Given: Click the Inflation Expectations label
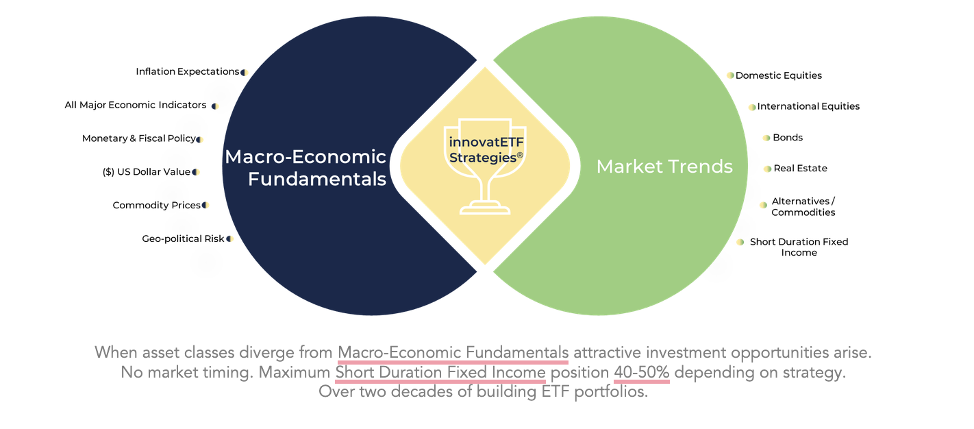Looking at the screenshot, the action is click(188, 71).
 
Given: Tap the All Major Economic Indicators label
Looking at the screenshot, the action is click(135, 105).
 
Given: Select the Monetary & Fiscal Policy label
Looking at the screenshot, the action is click(139, 138).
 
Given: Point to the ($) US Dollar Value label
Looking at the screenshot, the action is click(147, 172).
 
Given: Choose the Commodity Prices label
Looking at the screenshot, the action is click(157, 206).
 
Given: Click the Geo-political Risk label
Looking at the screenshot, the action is click(183, 239).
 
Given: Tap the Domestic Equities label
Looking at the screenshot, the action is click(778, 75).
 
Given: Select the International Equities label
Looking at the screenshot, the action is click(808, 107).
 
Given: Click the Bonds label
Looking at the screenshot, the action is click(788, 138).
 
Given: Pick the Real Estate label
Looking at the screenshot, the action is click(800, 169).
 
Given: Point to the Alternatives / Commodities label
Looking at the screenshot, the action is click(803, 207).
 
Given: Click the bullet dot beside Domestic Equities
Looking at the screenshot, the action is click(730, 75).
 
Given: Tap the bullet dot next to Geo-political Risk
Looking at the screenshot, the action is click(229, 239).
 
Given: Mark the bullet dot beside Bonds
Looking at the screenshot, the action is click(766, 138).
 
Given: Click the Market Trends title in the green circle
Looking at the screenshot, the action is click(664, 167).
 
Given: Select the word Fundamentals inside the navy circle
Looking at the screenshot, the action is click(317, 180).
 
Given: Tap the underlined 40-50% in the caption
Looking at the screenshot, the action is click(641, 373).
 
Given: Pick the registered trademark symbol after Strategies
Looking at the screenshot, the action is click(520, 156).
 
